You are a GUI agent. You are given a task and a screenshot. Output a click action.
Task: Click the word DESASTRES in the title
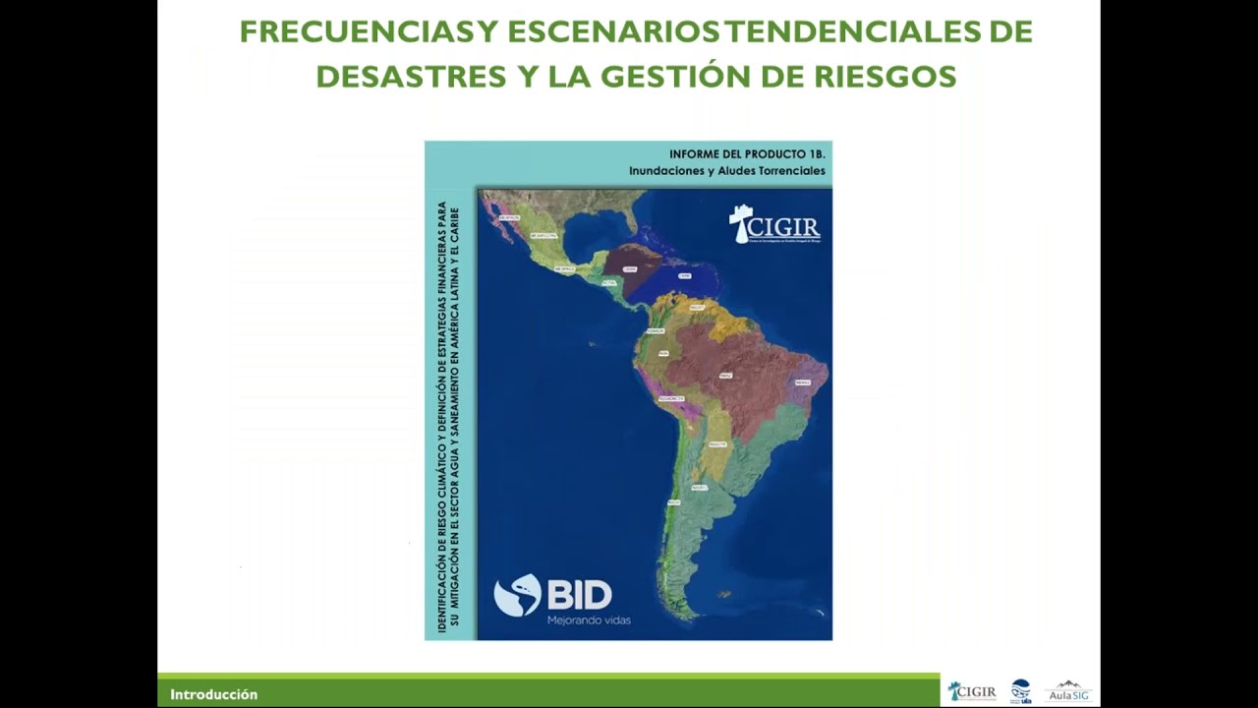coord(404,76)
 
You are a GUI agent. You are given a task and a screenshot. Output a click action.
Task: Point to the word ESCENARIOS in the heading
coord(614,31)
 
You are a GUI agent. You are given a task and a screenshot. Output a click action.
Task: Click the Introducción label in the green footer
coord(213,694)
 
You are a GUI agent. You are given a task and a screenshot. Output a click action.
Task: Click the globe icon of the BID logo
coord(517,595)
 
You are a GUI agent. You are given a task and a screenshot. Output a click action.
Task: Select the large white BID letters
coord(579,595)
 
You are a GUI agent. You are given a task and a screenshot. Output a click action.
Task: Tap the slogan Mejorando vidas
coord(589,620)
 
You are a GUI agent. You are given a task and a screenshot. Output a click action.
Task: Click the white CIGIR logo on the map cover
coord(774,225)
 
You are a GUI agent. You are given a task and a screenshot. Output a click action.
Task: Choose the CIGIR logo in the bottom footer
coord(971,692)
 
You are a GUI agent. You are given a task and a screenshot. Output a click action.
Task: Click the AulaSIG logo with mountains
coord(1068,691)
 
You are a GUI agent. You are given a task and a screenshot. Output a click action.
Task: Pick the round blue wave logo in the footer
coord(1021,690)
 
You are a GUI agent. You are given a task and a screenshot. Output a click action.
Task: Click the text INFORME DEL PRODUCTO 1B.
coord(747,154)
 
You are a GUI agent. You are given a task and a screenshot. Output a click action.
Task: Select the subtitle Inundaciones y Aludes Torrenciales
coord(727,171)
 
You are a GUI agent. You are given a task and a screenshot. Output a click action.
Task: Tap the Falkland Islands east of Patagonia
coord(725,594)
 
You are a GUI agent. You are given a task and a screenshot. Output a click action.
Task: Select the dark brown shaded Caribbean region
coord(629,267)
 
